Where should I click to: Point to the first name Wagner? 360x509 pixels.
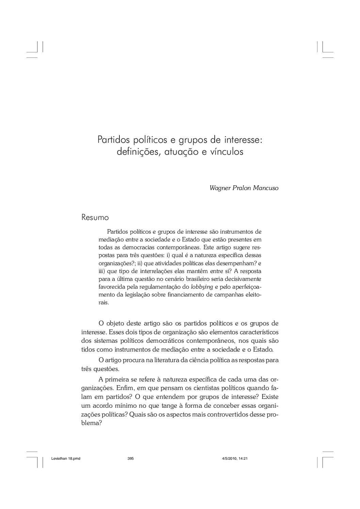pyautogui.click(x=219, y=188)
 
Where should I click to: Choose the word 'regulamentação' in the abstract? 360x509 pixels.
pyautogui.click(x=158, y=287)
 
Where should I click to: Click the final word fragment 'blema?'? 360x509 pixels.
pyautogui.click(x=92, y=424)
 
